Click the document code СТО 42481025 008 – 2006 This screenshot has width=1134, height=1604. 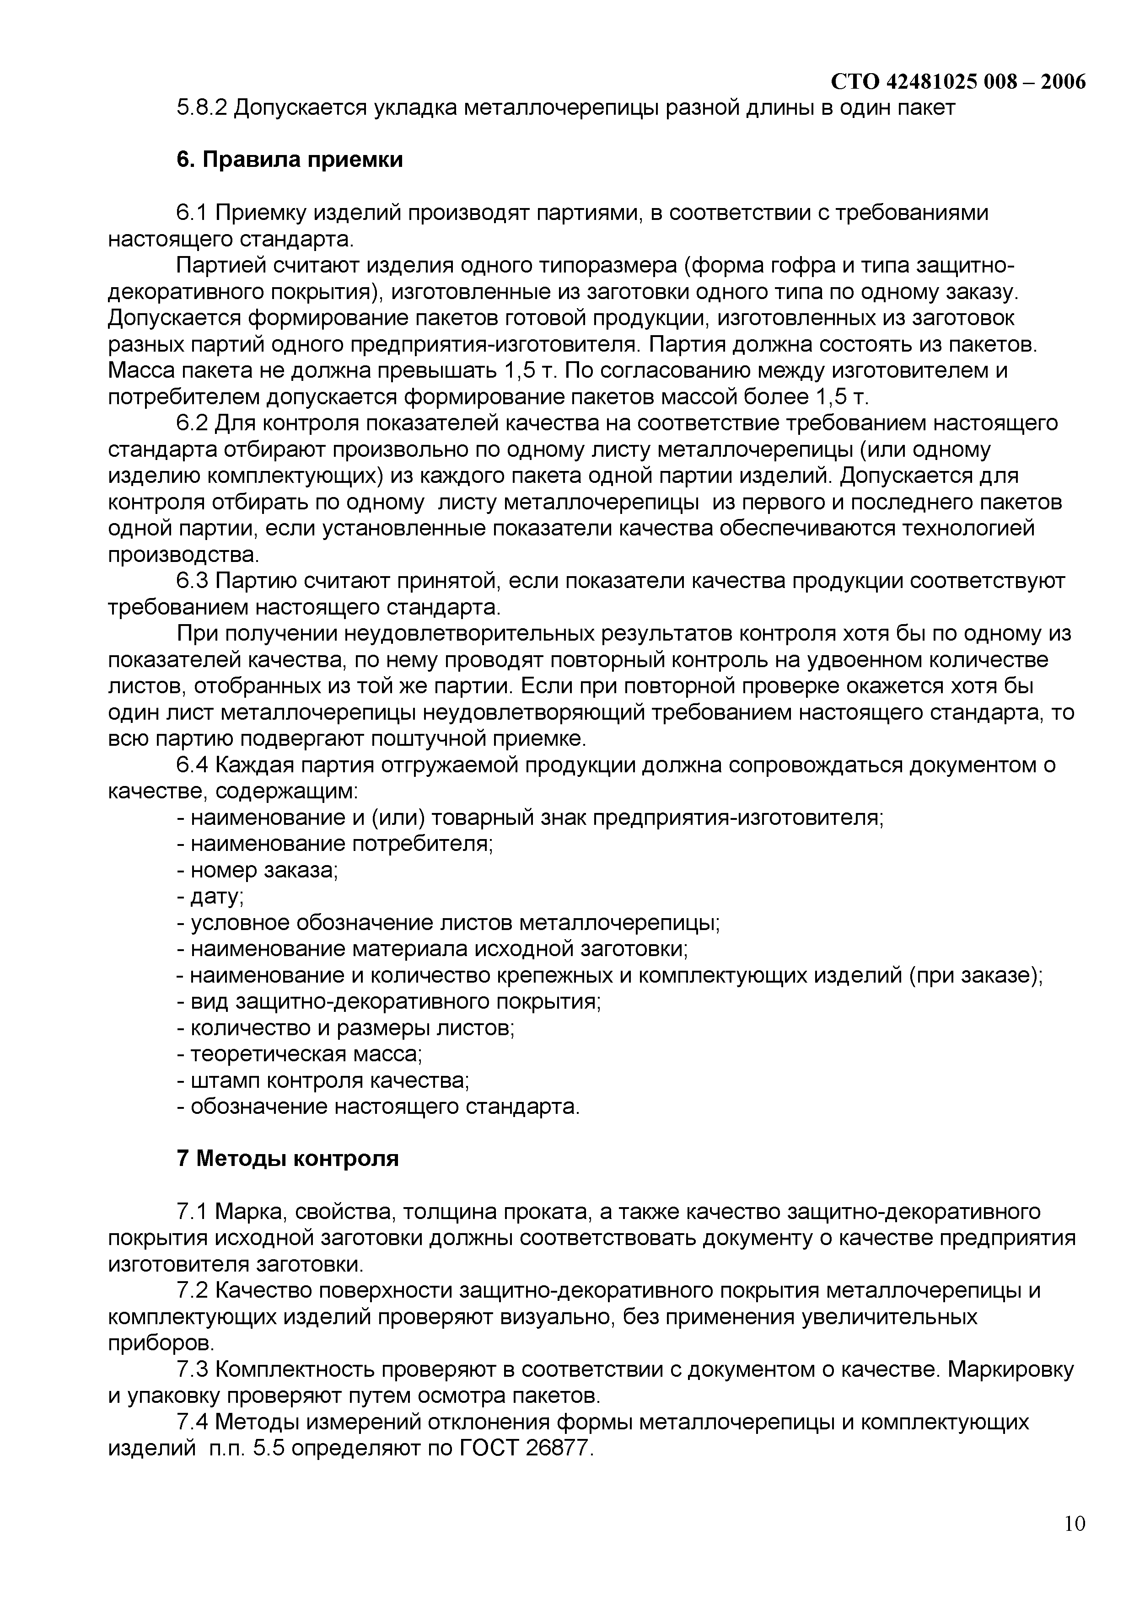coord(958,82)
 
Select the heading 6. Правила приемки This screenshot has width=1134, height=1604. coord(289,160)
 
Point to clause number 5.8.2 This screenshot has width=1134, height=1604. coord(202,108)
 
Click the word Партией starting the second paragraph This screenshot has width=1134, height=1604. coord(221,266)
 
